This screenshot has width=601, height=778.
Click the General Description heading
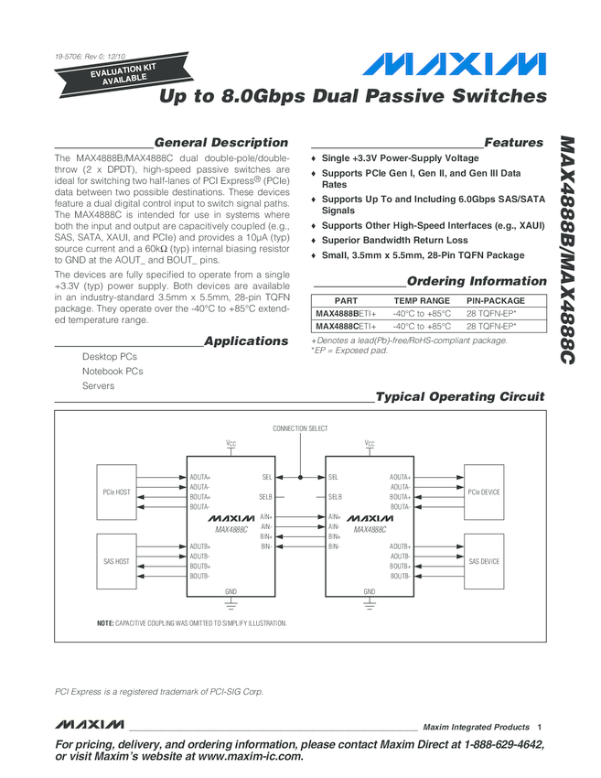220,143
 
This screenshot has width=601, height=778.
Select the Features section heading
513,143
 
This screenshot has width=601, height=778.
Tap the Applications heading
245,341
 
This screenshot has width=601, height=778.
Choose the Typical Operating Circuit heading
460,396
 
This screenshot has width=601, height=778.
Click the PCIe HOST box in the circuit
117,492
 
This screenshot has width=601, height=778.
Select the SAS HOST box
117,561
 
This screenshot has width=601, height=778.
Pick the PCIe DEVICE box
484,492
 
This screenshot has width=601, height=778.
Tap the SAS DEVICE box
484,561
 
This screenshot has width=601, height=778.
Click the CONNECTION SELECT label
300,428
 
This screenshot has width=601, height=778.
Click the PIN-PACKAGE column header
496,300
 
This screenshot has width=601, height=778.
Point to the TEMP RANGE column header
422,300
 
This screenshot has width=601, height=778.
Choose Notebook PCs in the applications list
113,371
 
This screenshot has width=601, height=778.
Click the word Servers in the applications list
98,385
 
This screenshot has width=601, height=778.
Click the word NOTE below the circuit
104,623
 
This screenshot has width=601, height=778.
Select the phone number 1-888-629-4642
499,745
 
